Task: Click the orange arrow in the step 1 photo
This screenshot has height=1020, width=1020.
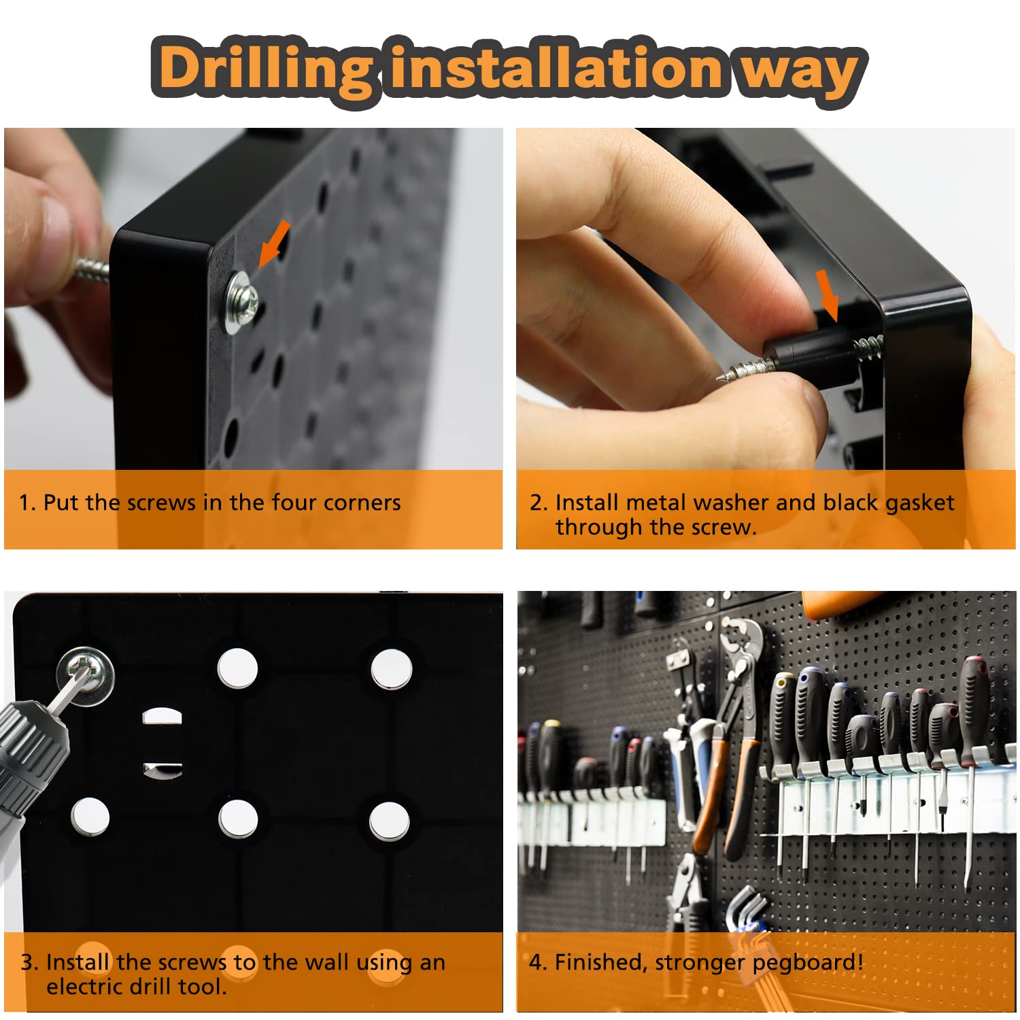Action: [x=275, y=243]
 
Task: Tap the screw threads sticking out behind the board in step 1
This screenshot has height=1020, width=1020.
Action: [x=92, y=269]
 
